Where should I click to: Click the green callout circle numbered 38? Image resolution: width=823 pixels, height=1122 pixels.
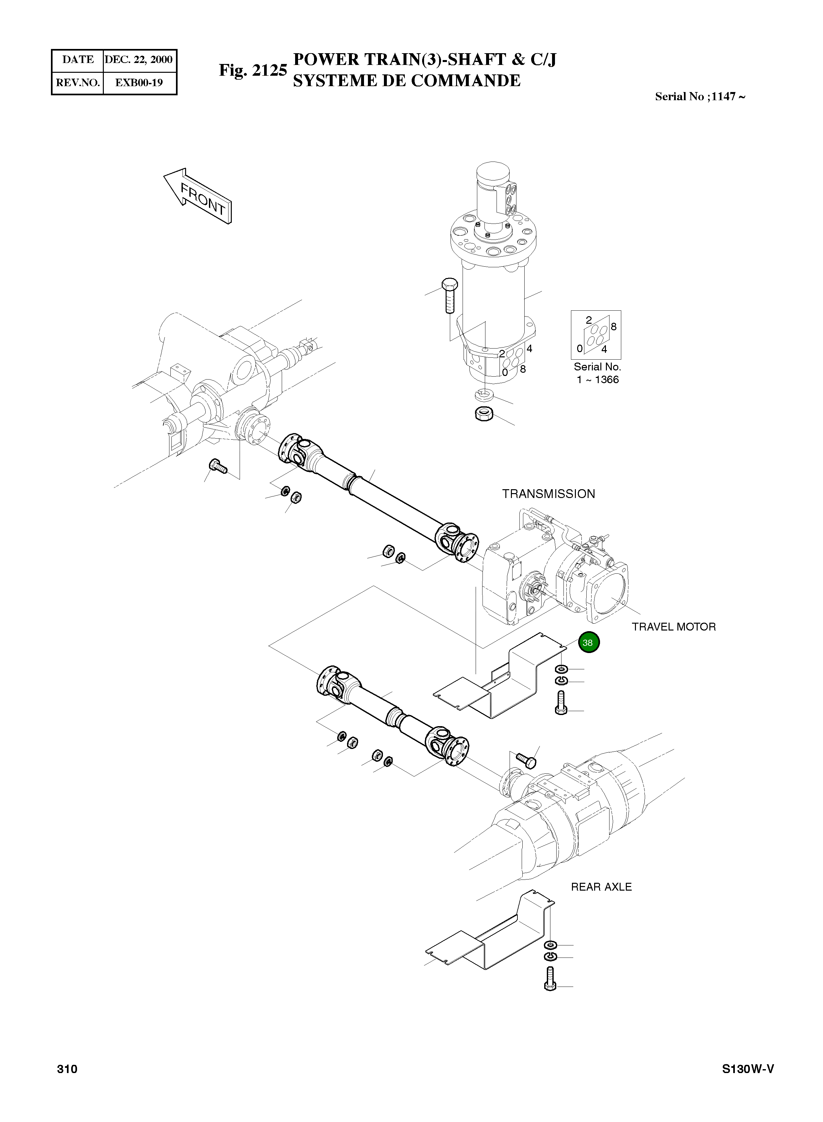click(588, 642)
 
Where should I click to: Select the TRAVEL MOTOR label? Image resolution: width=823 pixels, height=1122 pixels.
click(673, 627)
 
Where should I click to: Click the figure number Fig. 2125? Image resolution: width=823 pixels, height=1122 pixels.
click(253, 70)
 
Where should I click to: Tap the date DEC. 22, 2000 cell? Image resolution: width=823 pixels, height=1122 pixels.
click(138, 60)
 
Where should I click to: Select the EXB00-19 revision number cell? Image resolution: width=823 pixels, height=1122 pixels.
click(138, 83)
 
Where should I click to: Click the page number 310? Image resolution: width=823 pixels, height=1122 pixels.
click(67, 1069)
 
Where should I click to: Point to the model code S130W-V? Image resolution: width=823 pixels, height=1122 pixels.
click(748, 1069)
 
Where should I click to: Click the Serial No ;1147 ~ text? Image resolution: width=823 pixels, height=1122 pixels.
click(700, 97)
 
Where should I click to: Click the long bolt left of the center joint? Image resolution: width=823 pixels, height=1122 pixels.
click(448, 295)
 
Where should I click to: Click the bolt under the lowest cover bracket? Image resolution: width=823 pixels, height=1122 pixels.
click(550, 978)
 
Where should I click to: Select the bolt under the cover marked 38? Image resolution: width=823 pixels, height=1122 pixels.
click(561, 703)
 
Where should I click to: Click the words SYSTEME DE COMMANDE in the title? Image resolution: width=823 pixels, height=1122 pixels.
click(406, 81)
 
